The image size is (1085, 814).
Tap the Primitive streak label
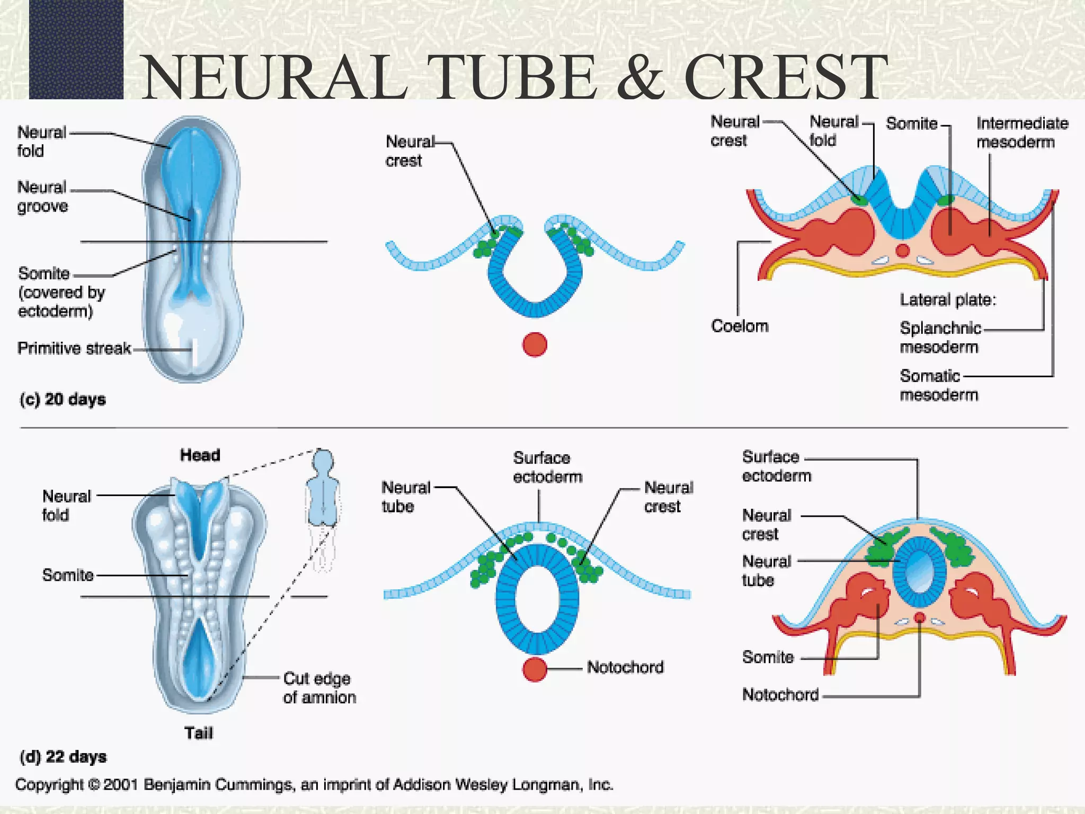(74, 348)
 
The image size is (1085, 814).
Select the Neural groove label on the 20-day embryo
(42, 197)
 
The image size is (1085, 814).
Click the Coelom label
(740, 326)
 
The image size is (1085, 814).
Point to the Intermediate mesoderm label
(1021, 132)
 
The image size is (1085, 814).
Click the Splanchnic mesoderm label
(940, 338)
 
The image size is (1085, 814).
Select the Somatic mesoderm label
(938, 385)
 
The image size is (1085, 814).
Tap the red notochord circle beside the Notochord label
(535, 669)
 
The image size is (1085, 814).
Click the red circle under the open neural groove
(535, 345)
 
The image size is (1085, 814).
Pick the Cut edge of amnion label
(319, 688)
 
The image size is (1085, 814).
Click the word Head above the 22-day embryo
(200, 455)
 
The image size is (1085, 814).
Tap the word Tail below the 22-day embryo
(198, 733)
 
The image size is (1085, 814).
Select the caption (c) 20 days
(63, 399)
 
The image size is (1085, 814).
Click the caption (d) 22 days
(63, 756)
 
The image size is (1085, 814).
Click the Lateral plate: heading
(948, 300)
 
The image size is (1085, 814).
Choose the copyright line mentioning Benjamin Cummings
(314, 784)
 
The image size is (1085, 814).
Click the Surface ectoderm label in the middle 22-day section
(547, 467)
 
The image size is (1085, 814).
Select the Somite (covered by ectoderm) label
(61, 292)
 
